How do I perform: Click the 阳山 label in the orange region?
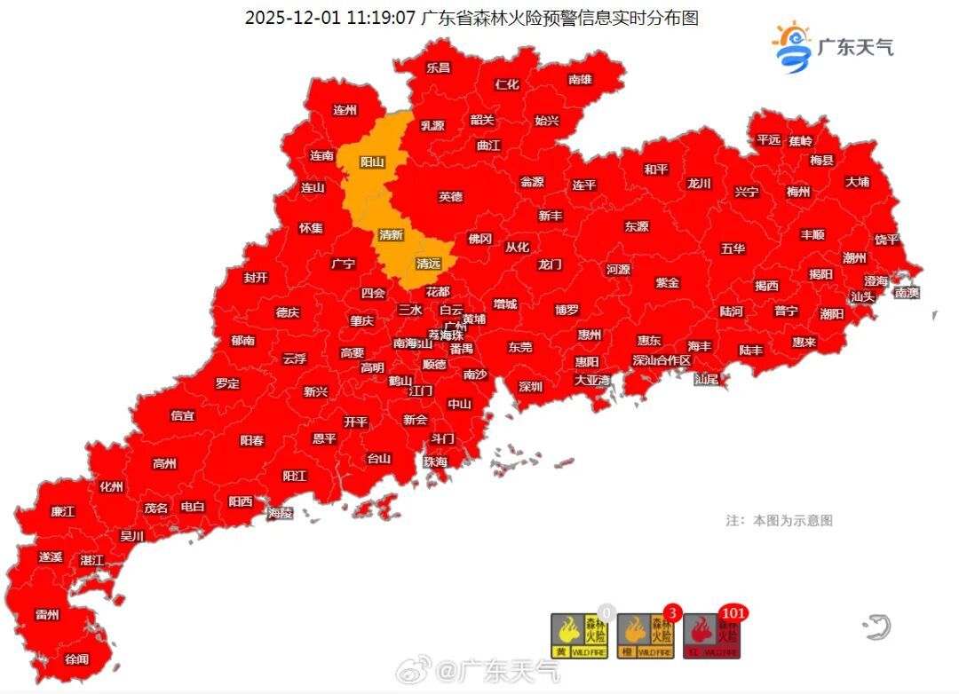(x=372, y=162)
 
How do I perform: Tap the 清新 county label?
(x=391, y=235)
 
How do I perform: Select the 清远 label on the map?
(x=429, y=264)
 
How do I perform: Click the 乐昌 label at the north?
(x=438, y=67)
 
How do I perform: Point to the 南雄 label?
(x=580, y=80)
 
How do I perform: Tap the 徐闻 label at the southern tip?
(x=77, y=659)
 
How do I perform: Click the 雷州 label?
(x=47, y=615)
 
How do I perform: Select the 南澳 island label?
(x=907, y=292)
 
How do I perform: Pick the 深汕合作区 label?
(x=661, y=360)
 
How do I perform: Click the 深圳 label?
(x=530, y=386)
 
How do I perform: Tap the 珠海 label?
(x=435, y=461)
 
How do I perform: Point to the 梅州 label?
(x=798, y=192)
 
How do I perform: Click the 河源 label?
(x=619, y=270)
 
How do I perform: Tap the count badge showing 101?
(x=733, y=612)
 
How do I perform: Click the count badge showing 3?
(x=672, y=612)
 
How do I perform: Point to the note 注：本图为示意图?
(x=779, y=521)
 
